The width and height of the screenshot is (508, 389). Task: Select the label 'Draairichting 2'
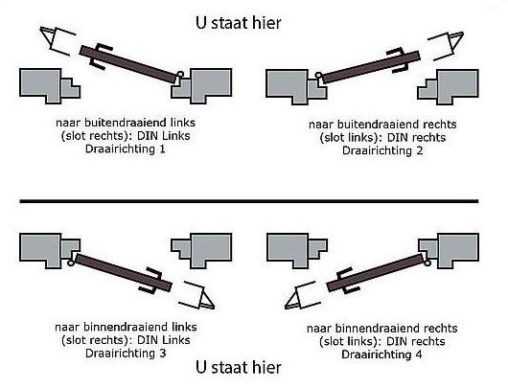(381, 151)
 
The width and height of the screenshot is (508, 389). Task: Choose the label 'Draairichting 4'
(381, 352)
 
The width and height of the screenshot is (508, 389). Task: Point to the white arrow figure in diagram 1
(59, 41)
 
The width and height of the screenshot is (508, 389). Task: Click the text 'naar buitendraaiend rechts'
(381, 126)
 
